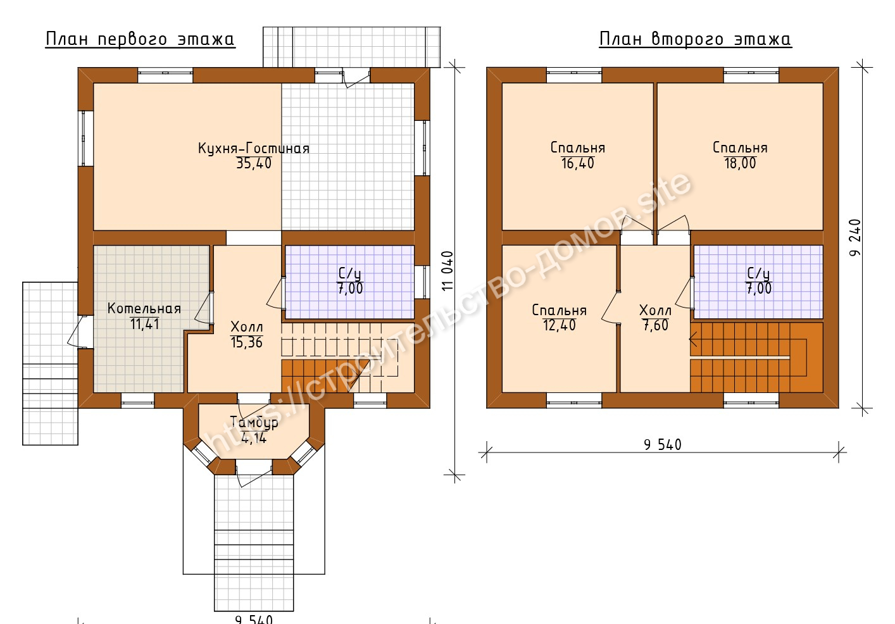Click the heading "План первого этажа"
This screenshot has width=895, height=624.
click(x=140, y=39)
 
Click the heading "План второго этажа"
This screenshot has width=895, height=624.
click(x=695, y=39)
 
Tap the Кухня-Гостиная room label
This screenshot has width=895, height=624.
click(x=254, y=149)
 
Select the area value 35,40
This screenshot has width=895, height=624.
click(x=254, y=163)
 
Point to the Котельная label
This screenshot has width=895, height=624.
click(x=144, y=308)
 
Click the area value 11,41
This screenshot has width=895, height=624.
click(x=145, y=324)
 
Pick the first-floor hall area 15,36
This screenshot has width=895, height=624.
click(x=246, y=342)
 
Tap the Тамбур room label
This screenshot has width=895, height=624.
click(x=254, y=423)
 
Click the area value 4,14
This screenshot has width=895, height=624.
click(x=254, y=438)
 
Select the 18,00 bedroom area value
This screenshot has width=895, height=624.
click(x=741, y=163)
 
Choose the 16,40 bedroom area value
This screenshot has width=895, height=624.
click(x=578, y=163)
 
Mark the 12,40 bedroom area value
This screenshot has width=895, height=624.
click(x=560, y=325)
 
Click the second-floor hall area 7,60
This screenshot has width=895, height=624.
click(x=656, y=325)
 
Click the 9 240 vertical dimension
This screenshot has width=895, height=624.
click(x=856, y=237)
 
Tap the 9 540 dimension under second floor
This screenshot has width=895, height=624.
click(x=663, y=445)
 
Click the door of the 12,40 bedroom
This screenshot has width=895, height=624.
click(x=610, y=308)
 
